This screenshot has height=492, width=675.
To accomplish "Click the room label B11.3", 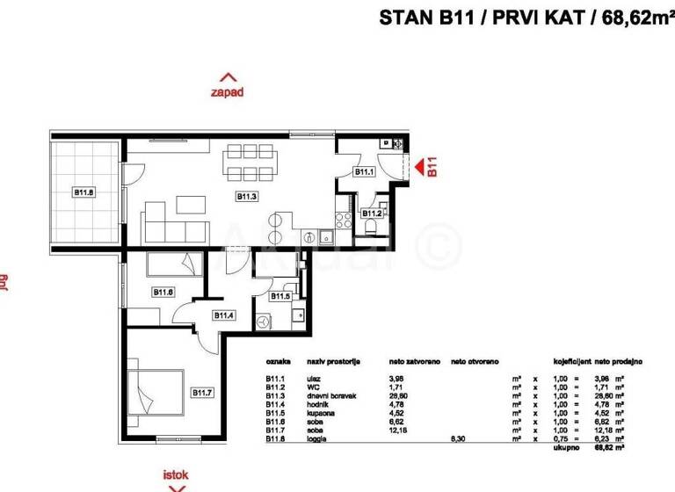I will tap(247, 198).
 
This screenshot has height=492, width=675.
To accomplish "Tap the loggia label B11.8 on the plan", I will tap(83, 192).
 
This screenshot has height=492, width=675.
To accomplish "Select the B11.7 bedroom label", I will tap(204, 393).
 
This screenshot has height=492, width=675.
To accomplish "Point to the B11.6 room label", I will tap(163, 292).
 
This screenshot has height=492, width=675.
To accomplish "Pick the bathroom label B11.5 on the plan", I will tap(280, 296).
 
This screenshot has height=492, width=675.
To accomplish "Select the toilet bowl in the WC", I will tap(372, 228).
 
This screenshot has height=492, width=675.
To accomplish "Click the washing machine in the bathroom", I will tap(265, 322).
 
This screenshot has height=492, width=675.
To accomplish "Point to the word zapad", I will tap(227, 90).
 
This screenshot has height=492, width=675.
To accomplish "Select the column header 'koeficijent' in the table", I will tap(570, 361).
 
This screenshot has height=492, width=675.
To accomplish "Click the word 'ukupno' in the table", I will tap(564, 446).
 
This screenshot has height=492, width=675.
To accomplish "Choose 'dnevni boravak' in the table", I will tap(327, 394).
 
